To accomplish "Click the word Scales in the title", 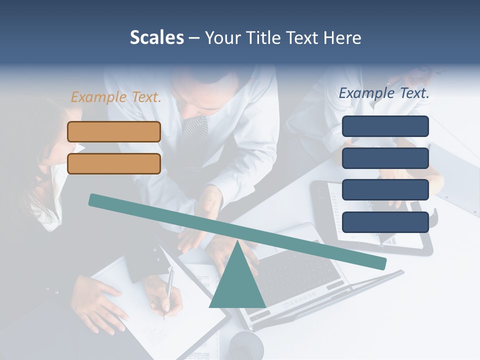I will click(156, 38).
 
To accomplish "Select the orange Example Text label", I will click(116, 97).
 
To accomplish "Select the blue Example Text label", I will click(384, 93).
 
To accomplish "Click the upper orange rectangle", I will click(114, 132).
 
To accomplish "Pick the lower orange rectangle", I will click(114, 164).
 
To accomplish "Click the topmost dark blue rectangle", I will click(385, 126).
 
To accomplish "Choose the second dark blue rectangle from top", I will click(385, 158).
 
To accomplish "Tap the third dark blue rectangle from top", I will click(385, 190).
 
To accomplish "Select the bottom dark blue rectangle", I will click(385, 222).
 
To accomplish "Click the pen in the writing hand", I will click(169, 290).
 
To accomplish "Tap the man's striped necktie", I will click(192, 135).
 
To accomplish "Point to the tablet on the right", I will click(370, 215).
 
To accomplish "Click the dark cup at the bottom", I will click(246, 345).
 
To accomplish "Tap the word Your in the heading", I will click(221, 38).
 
